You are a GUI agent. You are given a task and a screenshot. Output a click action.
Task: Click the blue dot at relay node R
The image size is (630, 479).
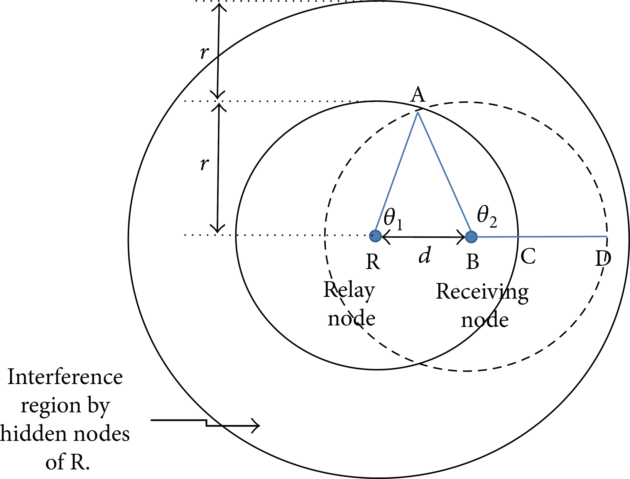[x=375, y=236]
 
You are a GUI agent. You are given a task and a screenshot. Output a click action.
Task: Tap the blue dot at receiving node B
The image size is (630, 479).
[x=471, y=237]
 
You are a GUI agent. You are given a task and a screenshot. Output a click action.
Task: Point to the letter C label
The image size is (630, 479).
[x=528, y=256]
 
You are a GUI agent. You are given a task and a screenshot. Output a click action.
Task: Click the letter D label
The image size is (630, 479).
[x=603, y=258]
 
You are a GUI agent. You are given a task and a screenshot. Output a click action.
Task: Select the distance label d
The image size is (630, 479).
[x=425, y=255]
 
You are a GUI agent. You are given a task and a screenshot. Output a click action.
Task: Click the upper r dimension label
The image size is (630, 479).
[x=205, y=52]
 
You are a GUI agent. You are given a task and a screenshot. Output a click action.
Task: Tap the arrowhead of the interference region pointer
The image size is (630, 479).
[x=257, y=426]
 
